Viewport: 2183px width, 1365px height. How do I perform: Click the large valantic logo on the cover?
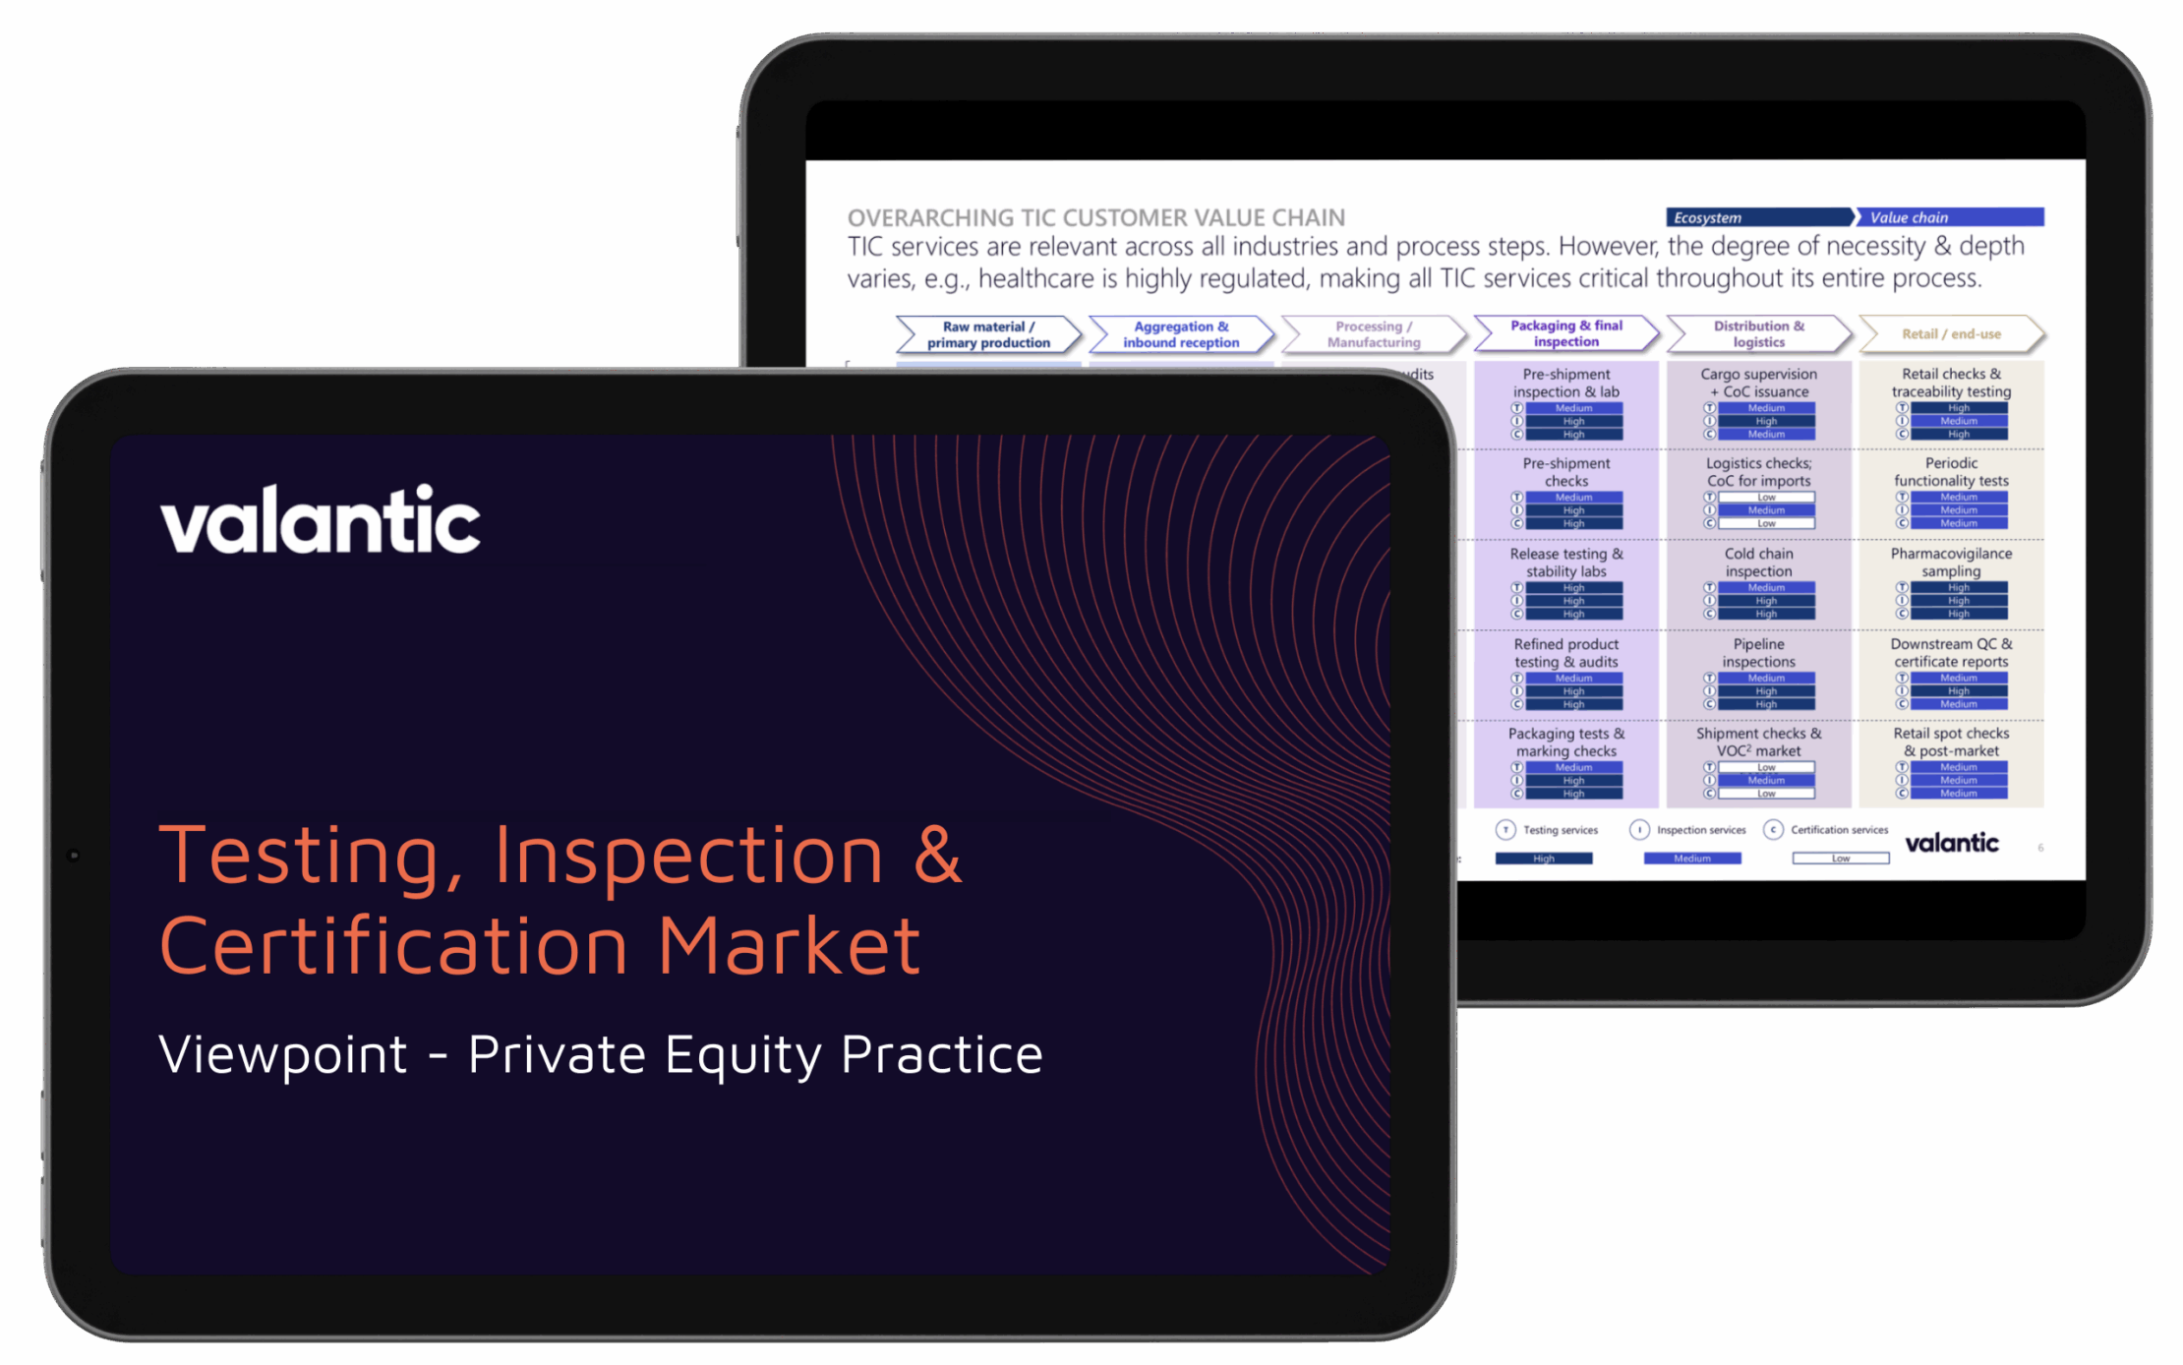point(321,520)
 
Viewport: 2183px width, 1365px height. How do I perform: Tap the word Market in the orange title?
point(789,946)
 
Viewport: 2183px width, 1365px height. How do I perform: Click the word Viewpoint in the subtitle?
point(283,1055)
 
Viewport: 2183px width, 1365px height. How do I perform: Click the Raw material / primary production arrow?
point(987,334)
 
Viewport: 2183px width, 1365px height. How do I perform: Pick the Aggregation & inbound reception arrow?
point(1180,334)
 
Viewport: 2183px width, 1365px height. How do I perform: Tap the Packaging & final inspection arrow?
point(1565,333)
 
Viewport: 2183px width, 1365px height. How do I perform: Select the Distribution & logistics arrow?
point(1758,333)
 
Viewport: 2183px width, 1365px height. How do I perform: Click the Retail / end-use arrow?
point(1951,334)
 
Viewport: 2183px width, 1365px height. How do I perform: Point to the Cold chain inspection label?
point(1758,563)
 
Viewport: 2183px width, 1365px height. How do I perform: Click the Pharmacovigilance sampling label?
point(1951,563)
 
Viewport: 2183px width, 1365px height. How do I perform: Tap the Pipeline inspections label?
point(1758,653)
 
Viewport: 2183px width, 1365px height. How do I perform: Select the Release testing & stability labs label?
point(1565,563)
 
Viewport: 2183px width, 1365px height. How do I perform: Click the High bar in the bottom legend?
point(1543,859)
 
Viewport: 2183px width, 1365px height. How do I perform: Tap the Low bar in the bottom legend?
point(1840,859)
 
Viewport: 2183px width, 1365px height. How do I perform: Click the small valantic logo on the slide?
point(1951,843)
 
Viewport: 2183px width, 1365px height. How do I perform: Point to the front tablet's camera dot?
point(74,856)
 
